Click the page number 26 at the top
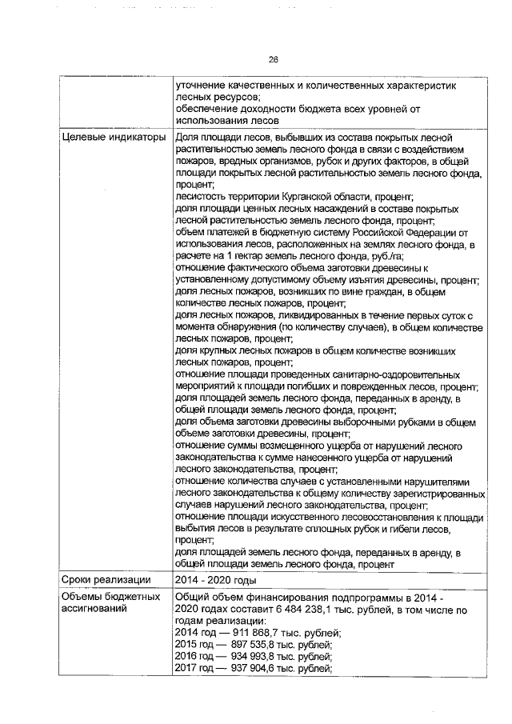pos(272,60)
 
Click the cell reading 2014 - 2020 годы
pos(215,578)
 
